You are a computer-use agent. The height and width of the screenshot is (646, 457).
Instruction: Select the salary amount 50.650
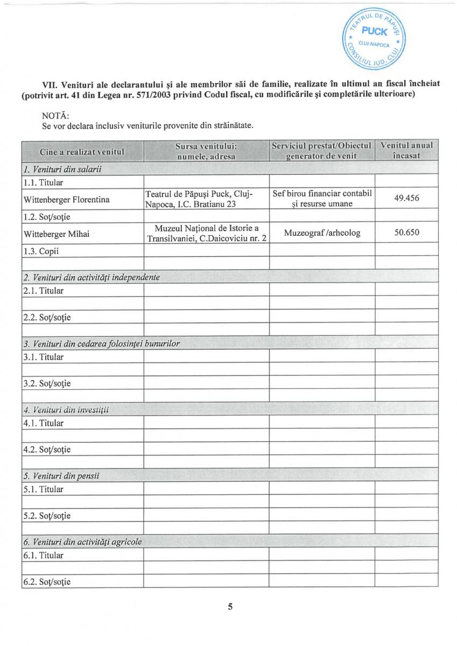click(x=406, y=233)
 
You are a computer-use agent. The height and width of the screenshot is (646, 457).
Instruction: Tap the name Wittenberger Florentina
click(x=67, y=200)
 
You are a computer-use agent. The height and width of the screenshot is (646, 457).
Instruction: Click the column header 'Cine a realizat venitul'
click(x=82, y=151)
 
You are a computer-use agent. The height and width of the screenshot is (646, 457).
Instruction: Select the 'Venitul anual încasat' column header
click(x=406, y=150)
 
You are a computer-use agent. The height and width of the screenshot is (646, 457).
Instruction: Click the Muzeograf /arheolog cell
click(x=322, y=233)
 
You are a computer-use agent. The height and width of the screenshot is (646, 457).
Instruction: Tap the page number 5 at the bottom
click(x=230, y=607)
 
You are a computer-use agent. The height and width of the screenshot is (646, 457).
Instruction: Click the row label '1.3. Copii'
click(x=41, y=251)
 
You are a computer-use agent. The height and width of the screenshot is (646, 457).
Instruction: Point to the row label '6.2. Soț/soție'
click(x=47, y=582)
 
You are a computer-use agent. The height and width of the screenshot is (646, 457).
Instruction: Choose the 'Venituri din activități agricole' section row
click(x=82, y=542)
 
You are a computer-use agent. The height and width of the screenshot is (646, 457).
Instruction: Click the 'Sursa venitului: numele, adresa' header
click(x=206, y=151)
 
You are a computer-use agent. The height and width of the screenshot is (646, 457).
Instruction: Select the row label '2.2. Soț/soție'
click(x=47, y=317)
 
